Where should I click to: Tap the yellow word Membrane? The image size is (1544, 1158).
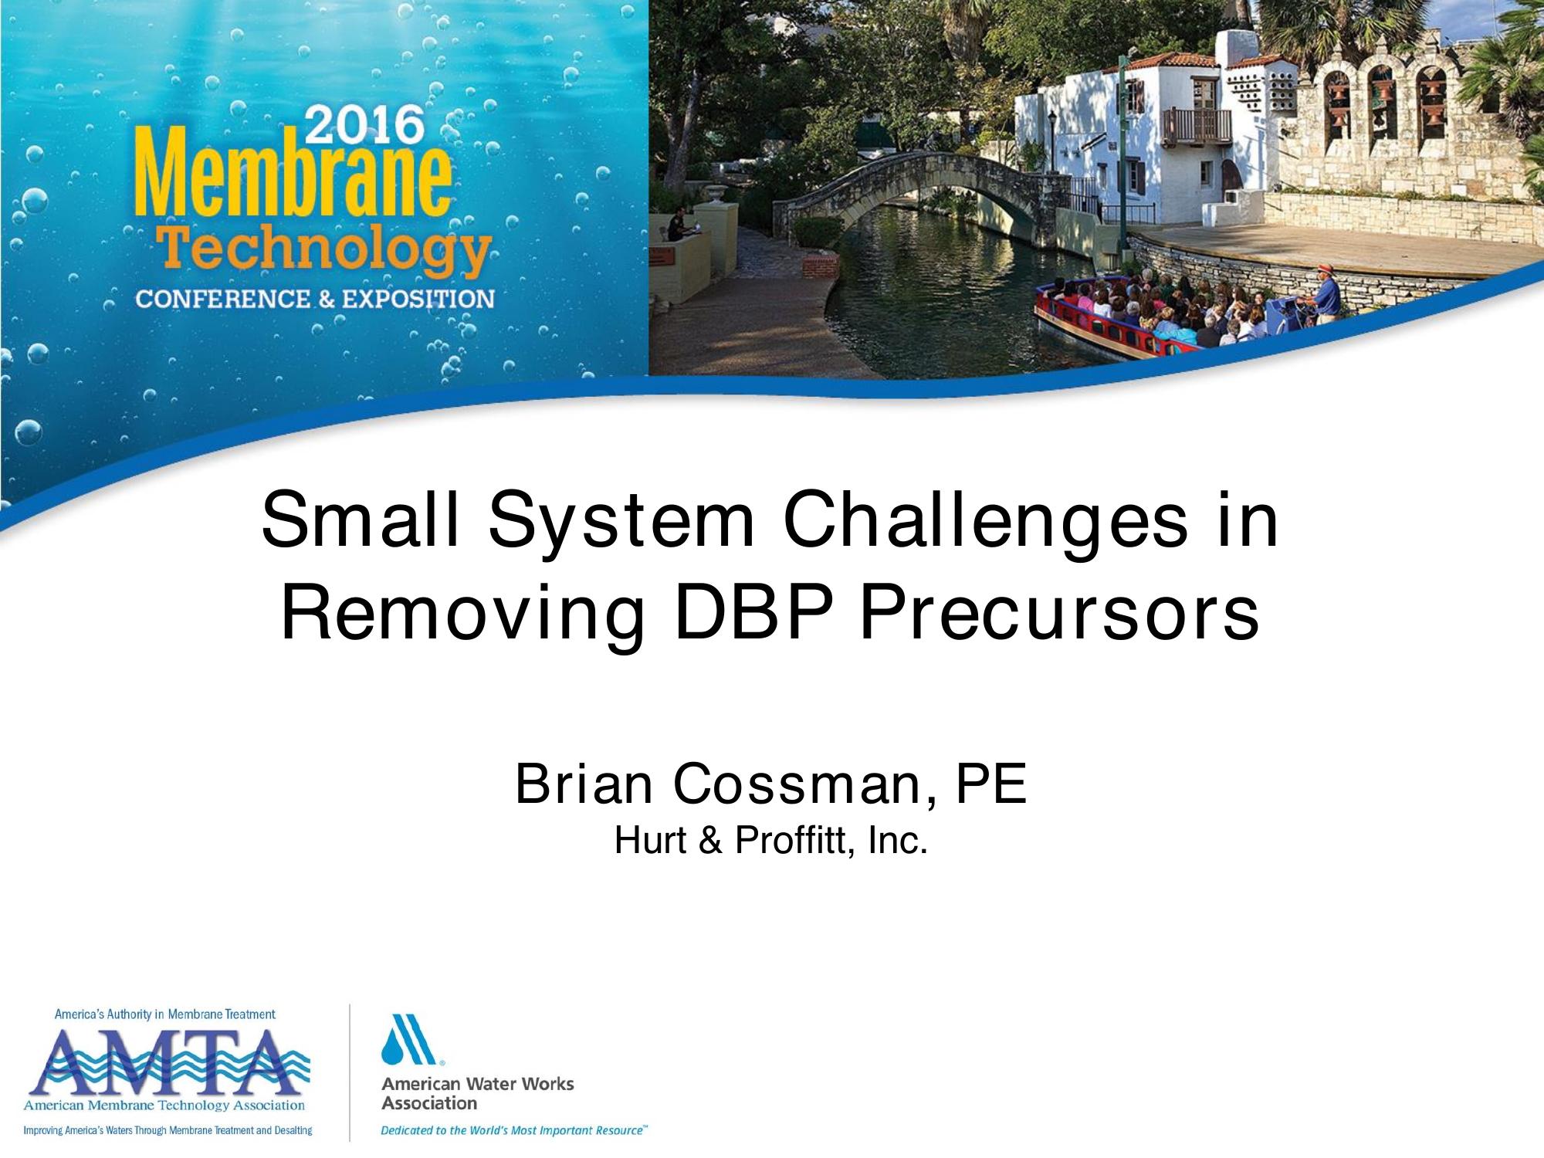point(292,178)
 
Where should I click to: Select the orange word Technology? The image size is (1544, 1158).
point(323,249)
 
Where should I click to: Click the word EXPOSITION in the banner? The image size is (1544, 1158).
point(418,298)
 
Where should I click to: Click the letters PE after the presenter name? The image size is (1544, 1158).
point(992,783)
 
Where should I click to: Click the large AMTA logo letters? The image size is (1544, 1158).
point(168,1062)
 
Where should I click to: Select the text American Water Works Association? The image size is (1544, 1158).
point(477,1093)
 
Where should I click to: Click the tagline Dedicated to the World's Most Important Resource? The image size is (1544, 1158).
point(514,1130)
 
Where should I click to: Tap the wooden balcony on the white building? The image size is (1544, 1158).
point(1197,126)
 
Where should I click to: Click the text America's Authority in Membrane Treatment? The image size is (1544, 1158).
point(164,1014)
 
